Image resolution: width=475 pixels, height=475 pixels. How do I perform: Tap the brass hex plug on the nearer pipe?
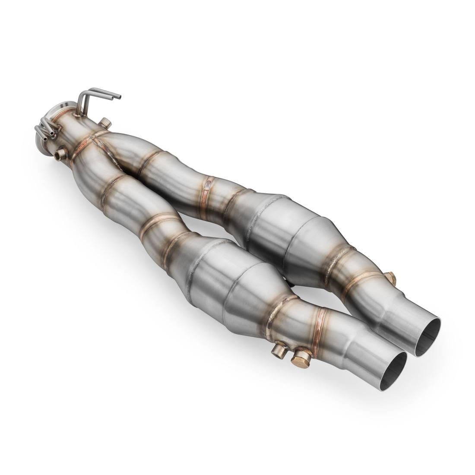tap(301, 358)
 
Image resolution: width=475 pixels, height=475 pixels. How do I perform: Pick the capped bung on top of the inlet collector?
tap(105, 124)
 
